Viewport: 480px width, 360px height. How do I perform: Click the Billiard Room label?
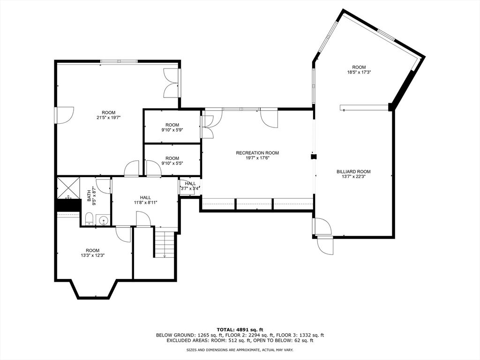353,172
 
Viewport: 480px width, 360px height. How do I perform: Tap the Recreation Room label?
257,153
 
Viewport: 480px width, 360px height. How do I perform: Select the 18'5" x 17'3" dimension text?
359,72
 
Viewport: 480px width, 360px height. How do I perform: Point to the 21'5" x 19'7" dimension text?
109,118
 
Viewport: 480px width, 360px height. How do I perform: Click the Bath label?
89,196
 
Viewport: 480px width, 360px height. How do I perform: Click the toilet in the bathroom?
89,219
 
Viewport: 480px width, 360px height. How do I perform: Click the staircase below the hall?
165,245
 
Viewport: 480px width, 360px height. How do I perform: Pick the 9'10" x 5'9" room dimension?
172,130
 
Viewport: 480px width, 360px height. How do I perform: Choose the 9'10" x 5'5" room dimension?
172,163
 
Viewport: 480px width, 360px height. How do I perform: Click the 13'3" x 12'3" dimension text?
92,255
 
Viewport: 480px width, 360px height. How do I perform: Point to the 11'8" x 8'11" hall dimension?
145,202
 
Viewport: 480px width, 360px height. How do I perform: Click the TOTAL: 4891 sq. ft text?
240,330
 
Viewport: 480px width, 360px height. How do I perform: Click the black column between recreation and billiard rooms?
314,157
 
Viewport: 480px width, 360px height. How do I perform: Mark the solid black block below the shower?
68,204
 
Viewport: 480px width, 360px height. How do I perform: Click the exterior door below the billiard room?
325,245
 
